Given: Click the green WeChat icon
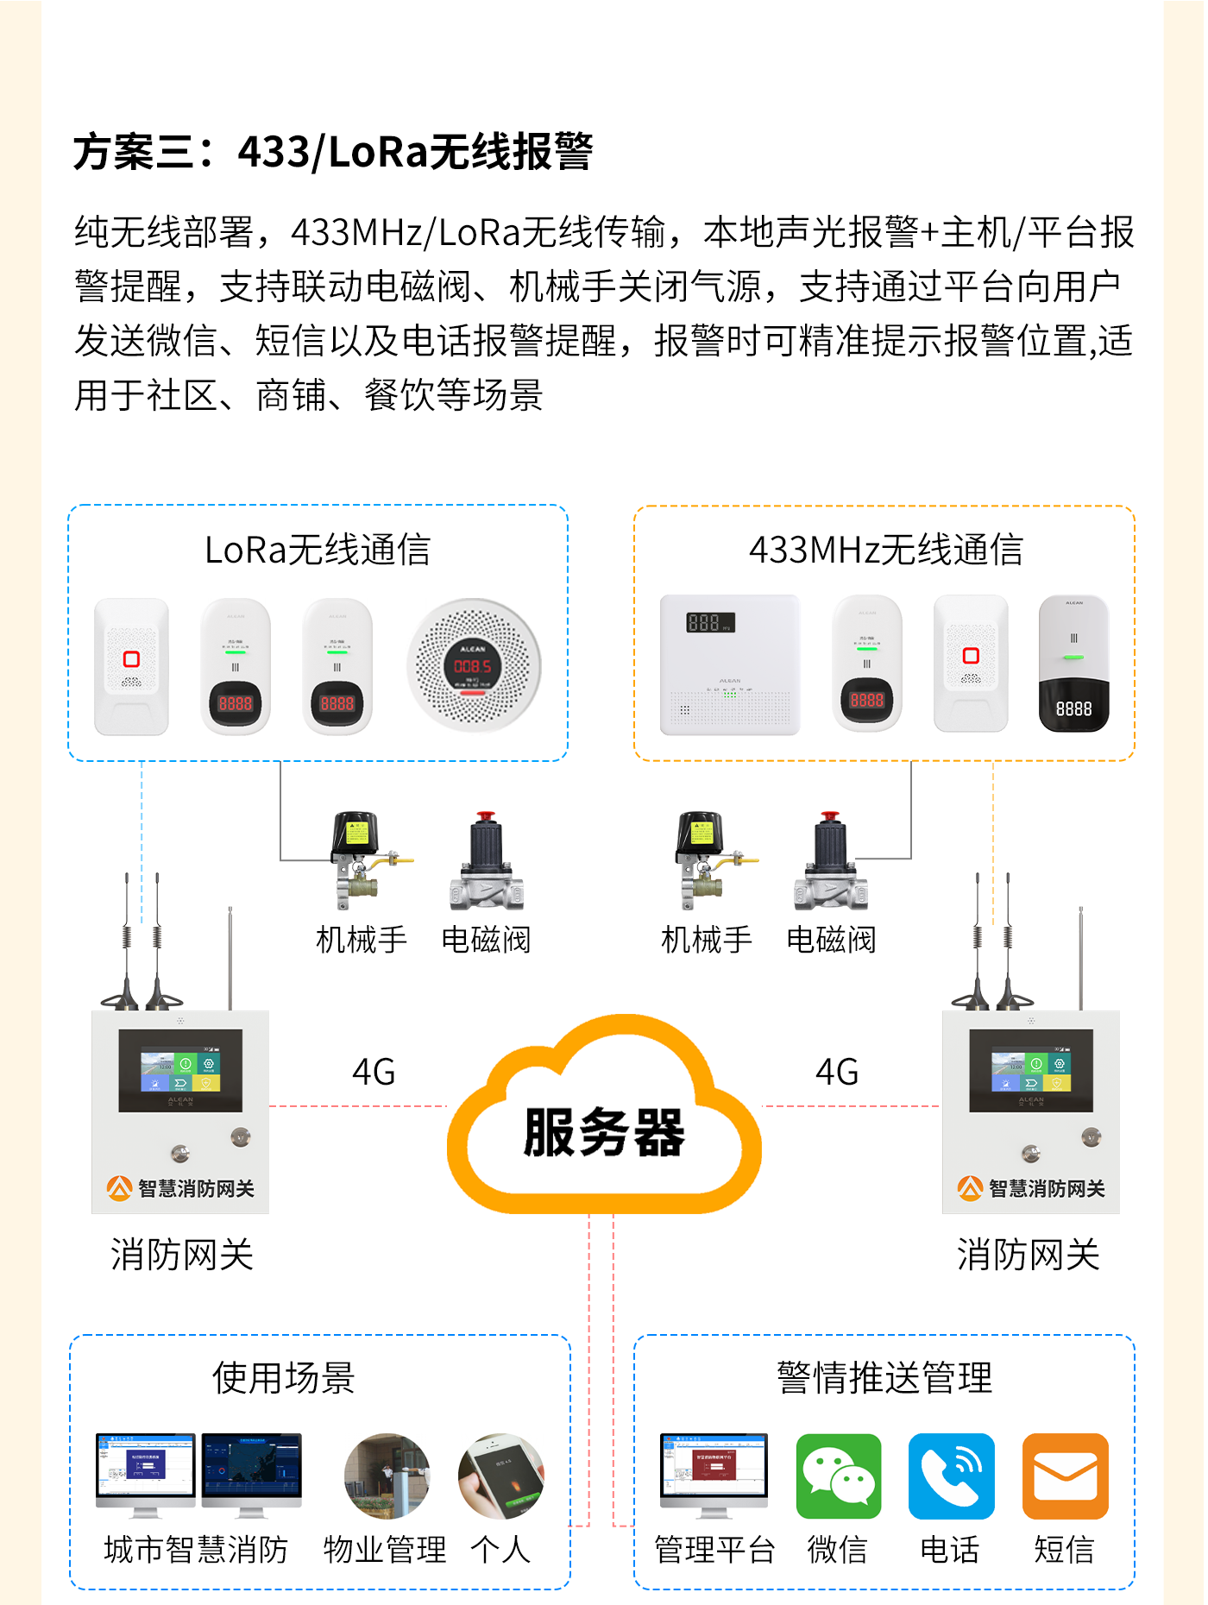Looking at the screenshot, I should [x=838, y=1476].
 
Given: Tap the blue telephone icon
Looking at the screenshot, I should [x=951, y=1476].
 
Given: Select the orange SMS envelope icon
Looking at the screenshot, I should [x=1065, y=1476].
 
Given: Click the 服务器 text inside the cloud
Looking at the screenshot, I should [x=604, y=1132].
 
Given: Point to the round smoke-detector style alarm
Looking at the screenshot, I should [x=474, y=665].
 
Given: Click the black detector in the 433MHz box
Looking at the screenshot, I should [x=1073, y=664].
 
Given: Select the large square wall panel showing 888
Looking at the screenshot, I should [x=730, y=664].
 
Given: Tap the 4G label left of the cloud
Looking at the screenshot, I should [x=374, y=1072].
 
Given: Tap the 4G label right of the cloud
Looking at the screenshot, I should [x=837, y=1072].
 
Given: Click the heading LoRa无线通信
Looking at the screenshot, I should [x=318, y=550].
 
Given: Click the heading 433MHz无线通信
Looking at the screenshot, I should [x=886, y=550].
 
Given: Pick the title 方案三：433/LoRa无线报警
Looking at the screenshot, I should [x=333, y=152].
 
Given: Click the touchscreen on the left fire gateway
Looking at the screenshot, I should [x=180, y=1070].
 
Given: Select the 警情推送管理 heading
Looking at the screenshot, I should [x=884, y=1377].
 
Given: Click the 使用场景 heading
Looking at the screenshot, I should [x=284, y=1377].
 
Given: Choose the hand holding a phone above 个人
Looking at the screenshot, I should [x=501, y=1476].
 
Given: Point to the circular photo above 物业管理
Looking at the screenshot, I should [x=387, y=1476].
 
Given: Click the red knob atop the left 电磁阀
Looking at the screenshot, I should [x=486, y=815].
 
